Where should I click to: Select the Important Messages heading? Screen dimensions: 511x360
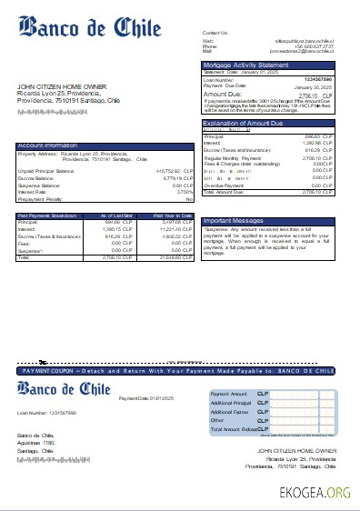point(234,220)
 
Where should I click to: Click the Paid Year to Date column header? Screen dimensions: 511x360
point(173,214)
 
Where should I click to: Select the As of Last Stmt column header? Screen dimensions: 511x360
point(116,214)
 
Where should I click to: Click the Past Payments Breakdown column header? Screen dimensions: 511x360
point(48,214)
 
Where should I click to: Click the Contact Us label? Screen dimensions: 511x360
point(215,33)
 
